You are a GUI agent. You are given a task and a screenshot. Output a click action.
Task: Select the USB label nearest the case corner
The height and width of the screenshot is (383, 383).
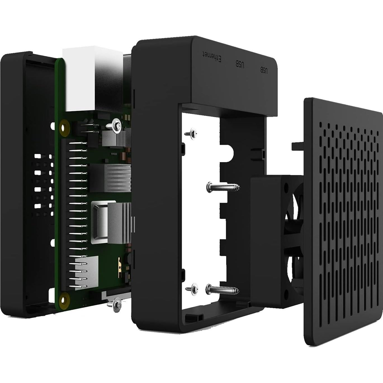(264, 70)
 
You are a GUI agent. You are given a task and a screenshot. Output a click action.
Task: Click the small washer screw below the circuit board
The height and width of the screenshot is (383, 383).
(116, 304)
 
